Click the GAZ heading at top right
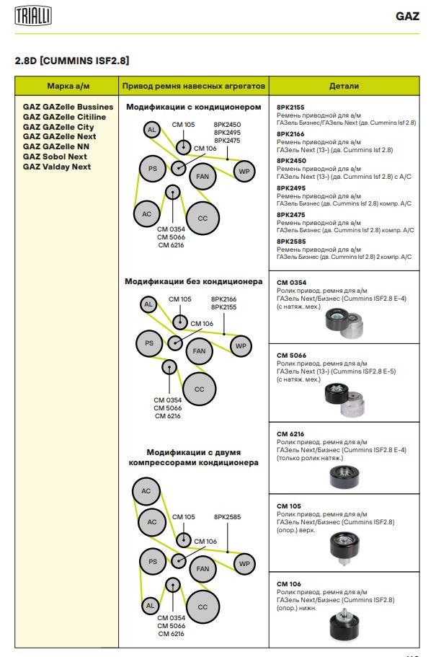(x=407, y=16)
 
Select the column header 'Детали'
(x=344, y=86)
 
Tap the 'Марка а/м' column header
(x=68, y=86)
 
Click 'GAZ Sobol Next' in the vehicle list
(x=55, y=156)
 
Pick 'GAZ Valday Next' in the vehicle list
(x=57, y=167)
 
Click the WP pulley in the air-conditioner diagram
(x=244, y=171)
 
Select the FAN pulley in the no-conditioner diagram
(x=200, y=351)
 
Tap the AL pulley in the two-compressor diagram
(x=150, y=606)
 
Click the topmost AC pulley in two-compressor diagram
(x=146, y=491)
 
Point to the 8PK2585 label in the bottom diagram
(x=227, y=517)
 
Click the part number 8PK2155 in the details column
(x=291, y=107)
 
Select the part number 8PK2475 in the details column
(x=291, y=214)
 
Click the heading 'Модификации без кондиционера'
(x=194, y=281)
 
